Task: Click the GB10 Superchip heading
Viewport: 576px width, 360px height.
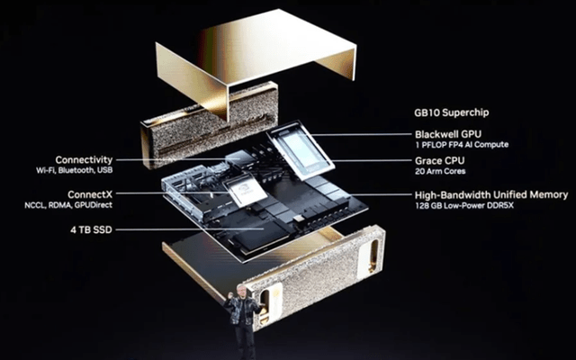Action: [452, 112]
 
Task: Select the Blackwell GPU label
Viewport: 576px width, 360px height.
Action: [448, 134]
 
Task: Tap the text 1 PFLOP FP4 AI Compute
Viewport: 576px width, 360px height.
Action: [462, 145]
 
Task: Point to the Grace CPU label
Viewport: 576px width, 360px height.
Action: [440, 160]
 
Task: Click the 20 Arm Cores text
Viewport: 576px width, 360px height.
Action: [440, 171]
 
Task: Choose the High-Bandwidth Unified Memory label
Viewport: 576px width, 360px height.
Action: [491, 195]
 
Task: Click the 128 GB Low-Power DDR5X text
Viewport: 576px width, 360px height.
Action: [464, 206]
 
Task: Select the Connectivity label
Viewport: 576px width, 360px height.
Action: [84, 160]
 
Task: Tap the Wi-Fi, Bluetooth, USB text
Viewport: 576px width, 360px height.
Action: [74, 170]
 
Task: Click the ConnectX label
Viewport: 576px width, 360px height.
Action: [90, 194]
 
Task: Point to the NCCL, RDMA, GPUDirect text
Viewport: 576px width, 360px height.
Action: [68, 205]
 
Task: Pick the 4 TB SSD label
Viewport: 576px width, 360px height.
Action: [91, 230]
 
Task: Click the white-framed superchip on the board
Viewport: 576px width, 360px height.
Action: [300, 150]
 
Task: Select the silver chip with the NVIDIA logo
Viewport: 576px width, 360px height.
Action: [245, 190]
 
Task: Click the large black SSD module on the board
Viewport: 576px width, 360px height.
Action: [262, 236]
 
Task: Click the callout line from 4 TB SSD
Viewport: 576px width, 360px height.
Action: [190, 229]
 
